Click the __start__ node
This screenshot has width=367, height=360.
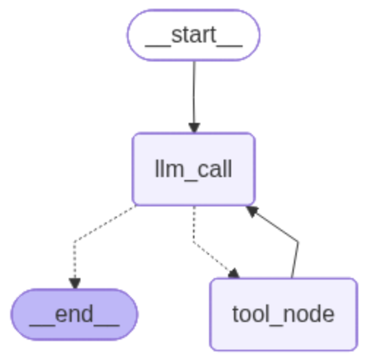(x=194, y=35)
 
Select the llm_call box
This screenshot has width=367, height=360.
(x=194, y=169)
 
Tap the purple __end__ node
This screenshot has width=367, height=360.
(x=74, y=315)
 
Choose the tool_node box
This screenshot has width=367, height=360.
(x=283, y=315)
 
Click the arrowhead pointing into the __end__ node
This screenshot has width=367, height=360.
(x=74, y=282)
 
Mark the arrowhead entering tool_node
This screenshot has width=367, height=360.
(x=233, y=274)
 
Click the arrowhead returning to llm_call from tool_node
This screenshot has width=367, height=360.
(x=251, y=210)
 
